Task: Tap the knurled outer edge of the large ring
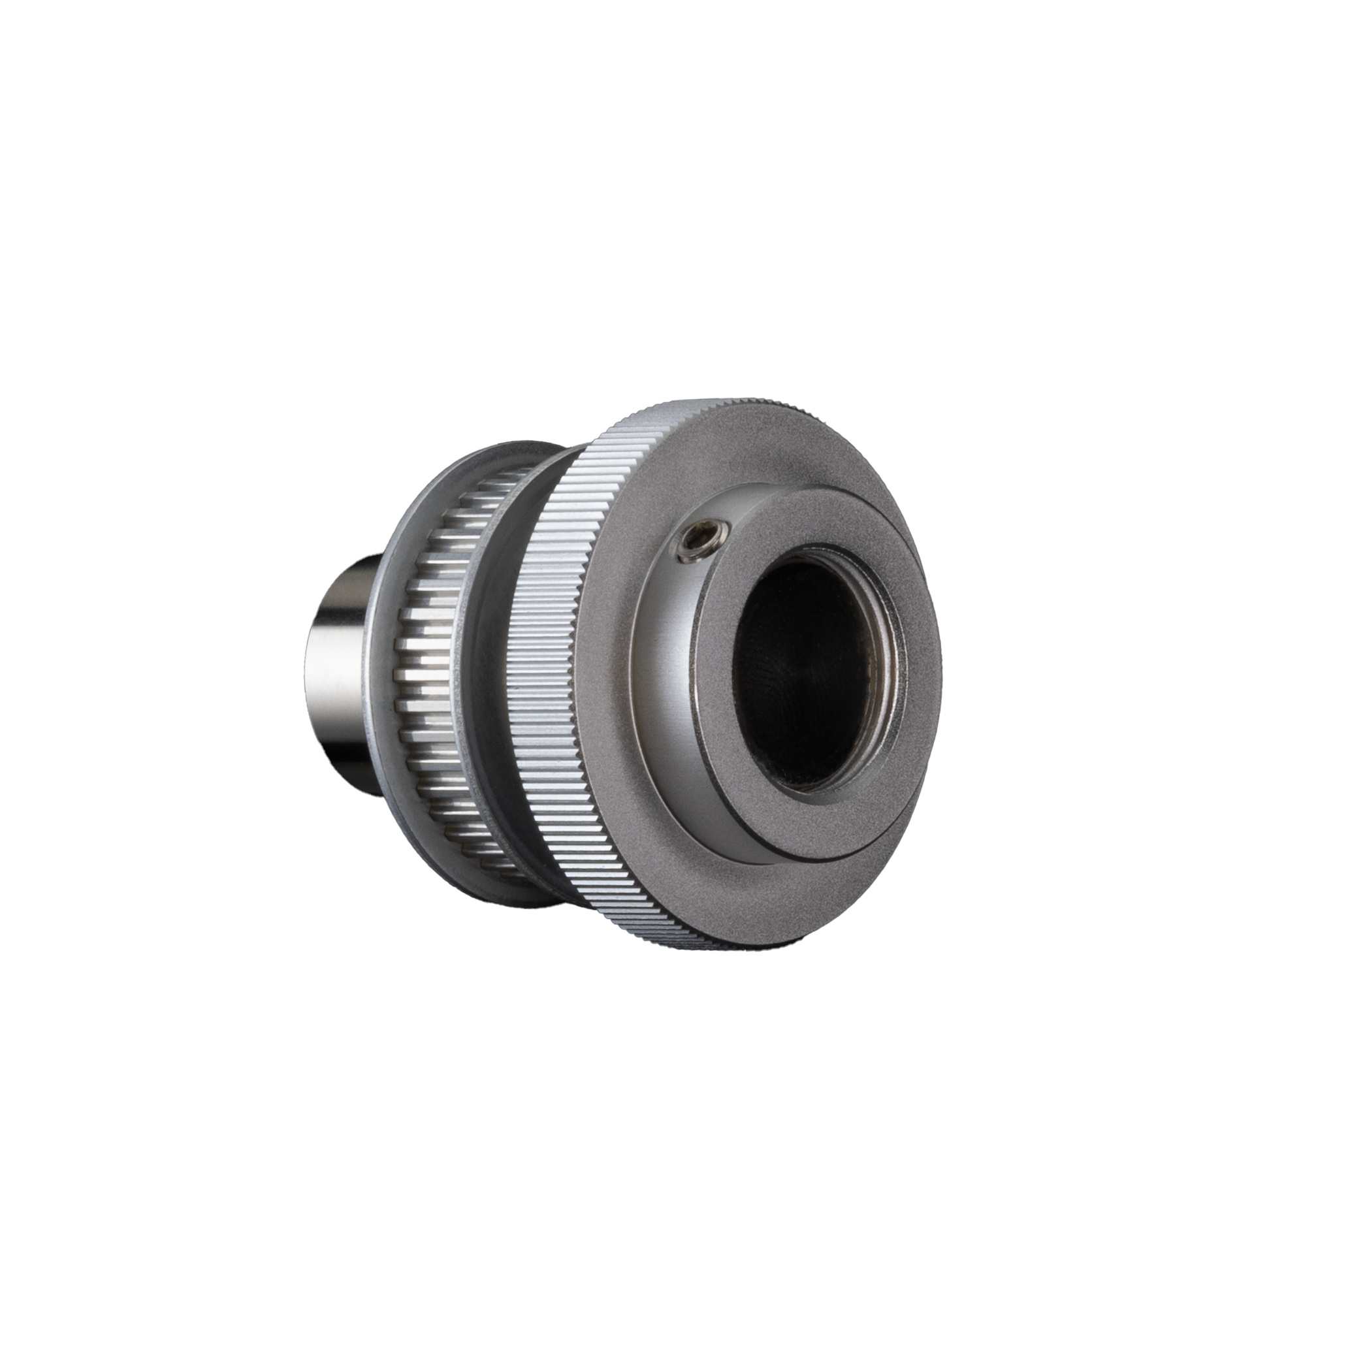[545, 664]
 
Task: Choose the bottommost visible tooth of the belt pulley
[513, 873]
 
